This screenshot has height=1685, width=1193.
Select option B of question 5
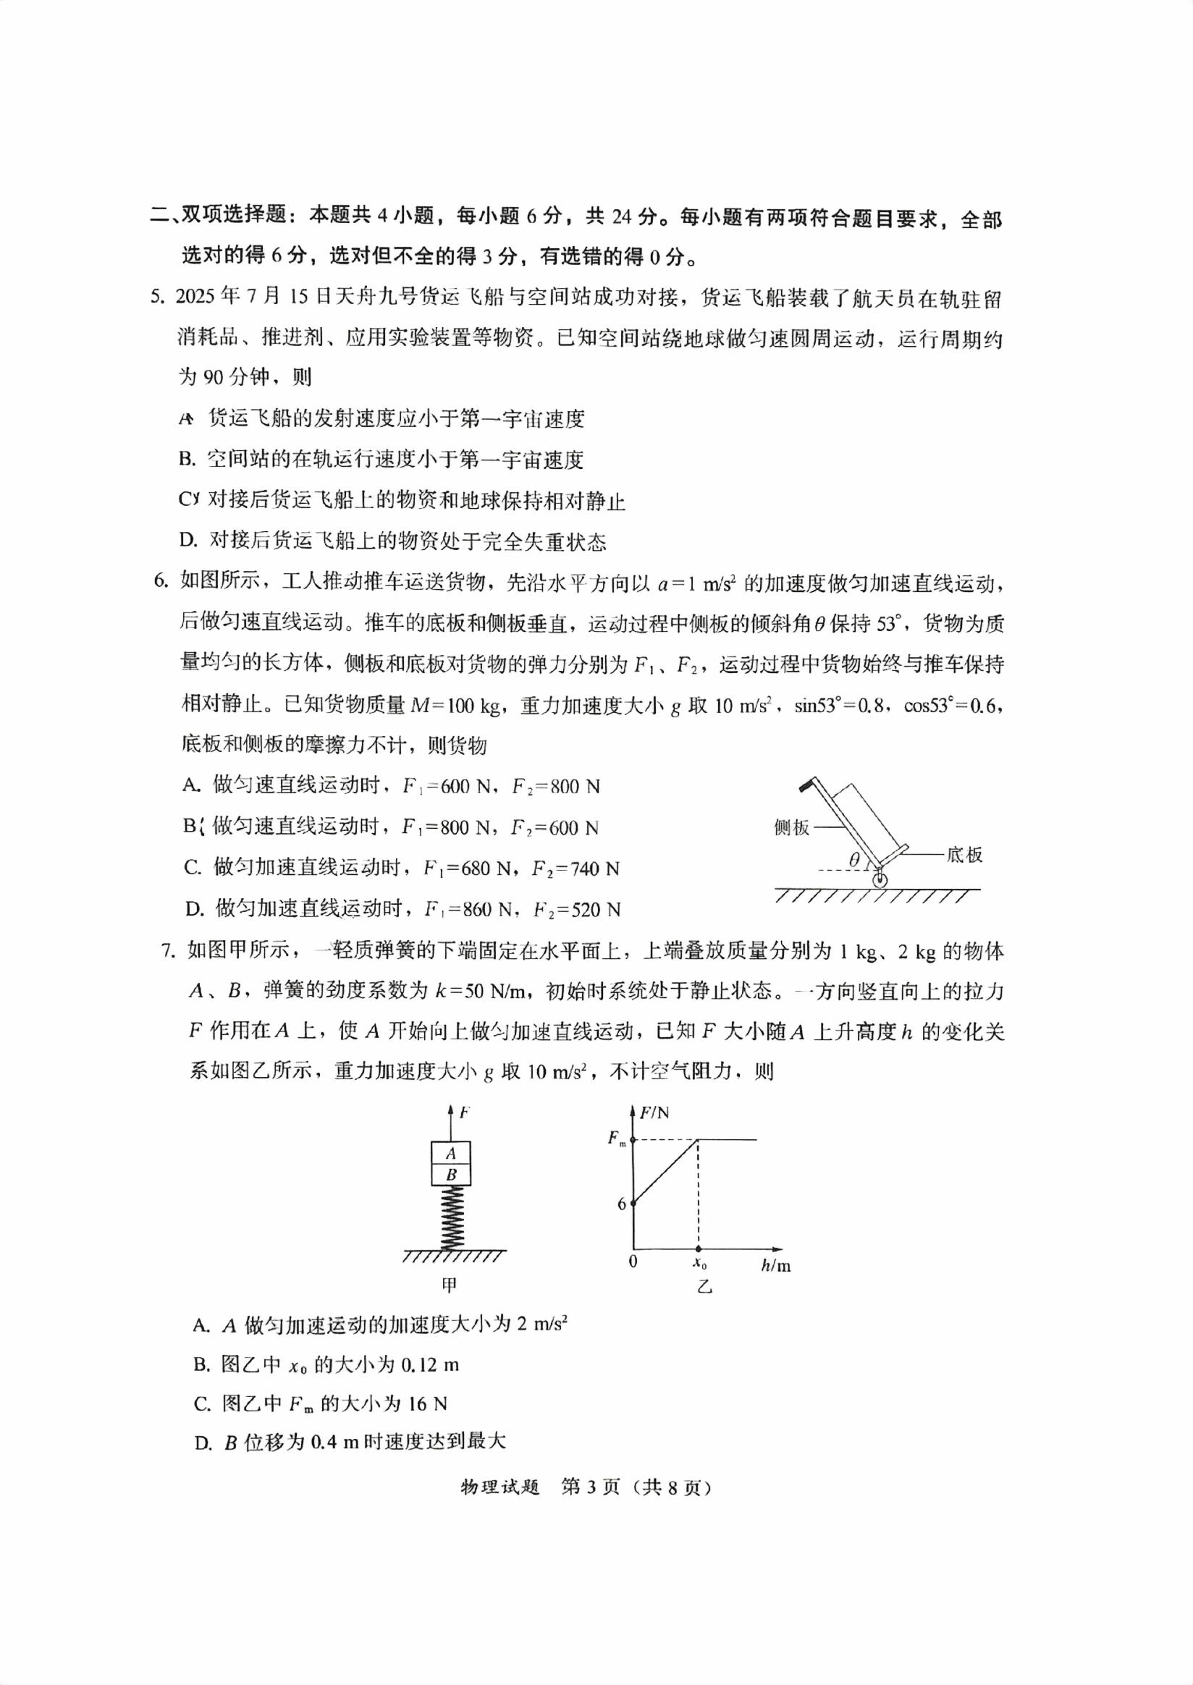pyautogui.click(x=187, y=460)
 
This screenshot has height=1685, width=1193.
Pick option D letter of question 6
pyautogui.click(x=194, y=910)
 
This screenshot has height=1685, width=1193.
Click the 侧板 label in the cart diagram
pyautogui.click(x=791, y=828)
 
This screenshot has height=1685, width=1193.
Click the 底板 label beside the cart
pyautogui.click(x=964, y=854)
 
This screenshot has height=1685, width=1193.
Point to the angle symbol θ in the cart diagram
pyautogui.click(x=853, y=859)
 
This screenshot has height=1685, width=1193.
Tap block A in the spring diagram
pyautogui.click(x=450, y=1153)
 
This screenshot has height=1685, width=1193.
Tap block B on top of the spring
pyautogui.click(x=450, y=1175)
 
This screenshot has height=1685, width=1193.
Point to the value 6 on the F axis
pyautogui.click(x=622, y=1204)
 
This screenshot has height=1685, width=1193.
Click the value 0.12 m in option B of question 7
pyautogui.click(x=430, y=1365)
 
